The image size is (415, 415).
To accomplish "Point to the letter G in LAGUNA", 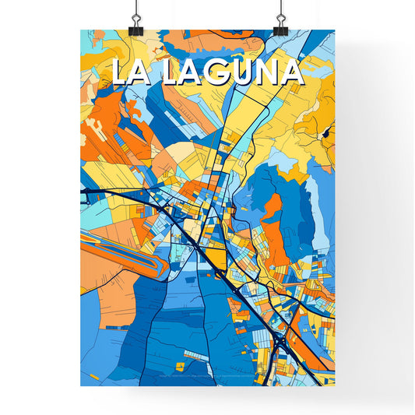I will tap(221, 72).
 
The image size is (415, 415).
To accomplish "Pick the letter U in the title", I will tap(245, 72).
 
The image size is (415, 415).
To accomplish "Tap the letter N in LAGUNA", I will tap(269, 72).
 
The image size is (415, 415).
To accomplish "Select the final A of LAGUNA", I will tap(292, 72).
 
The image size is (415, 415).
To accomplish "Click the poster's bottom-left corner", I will tap(81, 385).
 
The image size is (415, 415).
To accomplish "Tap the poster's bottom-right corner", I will tap(334, 385).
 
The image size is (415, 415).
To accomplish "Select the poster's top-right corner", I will tap(334, 30).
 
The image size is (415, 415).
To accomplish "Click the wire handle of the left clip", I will tap(135, 9).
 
